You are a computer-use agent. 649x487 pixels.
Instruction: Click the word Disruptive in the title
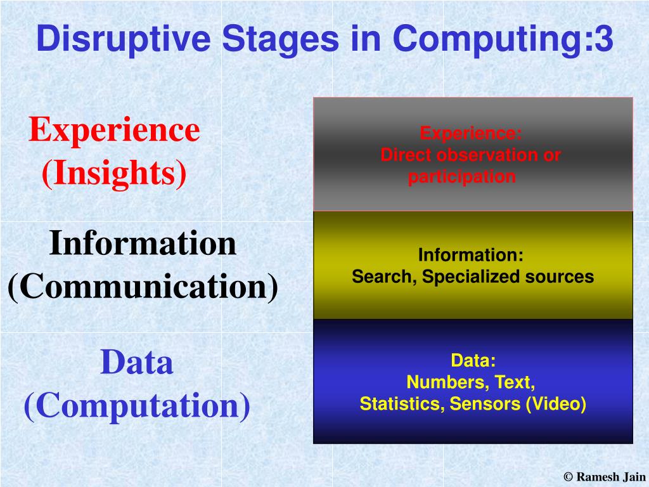pyautogui.click(x=124, y=39)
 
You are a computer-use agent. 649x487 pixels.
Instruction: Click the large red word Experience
pyautogui.click(x=114, y=130)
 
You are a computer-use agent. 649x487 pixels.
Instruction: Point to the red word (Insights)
pyautogui.click(x=114, y=173)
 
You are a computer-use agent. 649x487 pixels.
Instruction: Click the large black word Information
pyautogui.click(x=143, y=243)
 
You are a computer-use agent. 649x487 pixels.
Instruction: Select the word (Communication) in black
pyautogui.click(x=143, y=287)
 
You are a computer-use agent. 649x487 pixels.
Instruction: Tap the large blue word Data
pyautogui.click(x=137, y=362)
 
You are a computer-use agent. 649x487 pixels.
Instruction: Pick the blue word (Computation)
pyautogui.click(x=137, y=406)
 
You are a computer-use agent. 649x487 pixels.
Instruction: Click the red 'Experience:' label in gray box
pyautogui.click(x=471, y=133)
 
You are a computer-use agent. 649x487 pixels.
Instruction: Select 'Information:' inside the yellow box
pyautogui.click(x=471, y=255)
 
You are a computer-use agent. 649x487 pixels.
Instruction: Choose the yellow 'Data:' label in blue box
pyautogui.click(x=473, y=360)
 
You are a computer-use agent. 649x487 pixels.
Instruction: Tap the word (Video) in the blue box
pyautogui.click(x=556, y=404)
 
